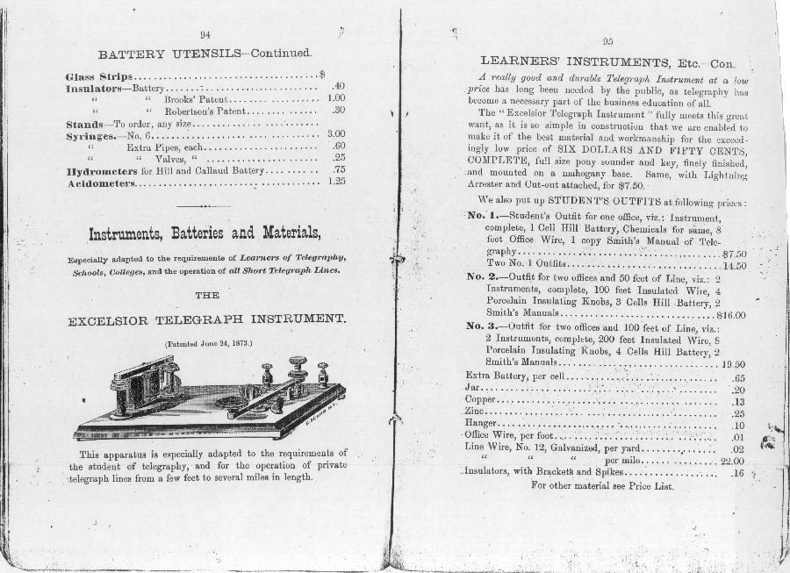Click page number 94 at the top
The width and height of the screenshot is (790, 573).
tap(205, 34)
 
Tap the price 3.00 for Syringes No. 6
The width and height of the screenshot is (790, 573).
tap(335, 134)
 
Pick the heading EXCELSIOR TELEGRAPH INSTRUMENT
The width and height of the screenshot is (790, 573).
tap(206, 320)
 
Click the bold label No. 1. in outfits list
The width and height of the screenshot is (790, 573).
tap(482, 216)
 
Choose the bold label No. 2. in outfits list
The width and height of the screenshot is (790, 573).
tap(482, 277)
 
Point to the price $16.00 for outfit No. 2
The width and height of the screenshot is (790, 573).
tap(730, 314)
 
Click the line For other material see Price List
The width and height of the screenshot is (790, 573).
tap(602, 486)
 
